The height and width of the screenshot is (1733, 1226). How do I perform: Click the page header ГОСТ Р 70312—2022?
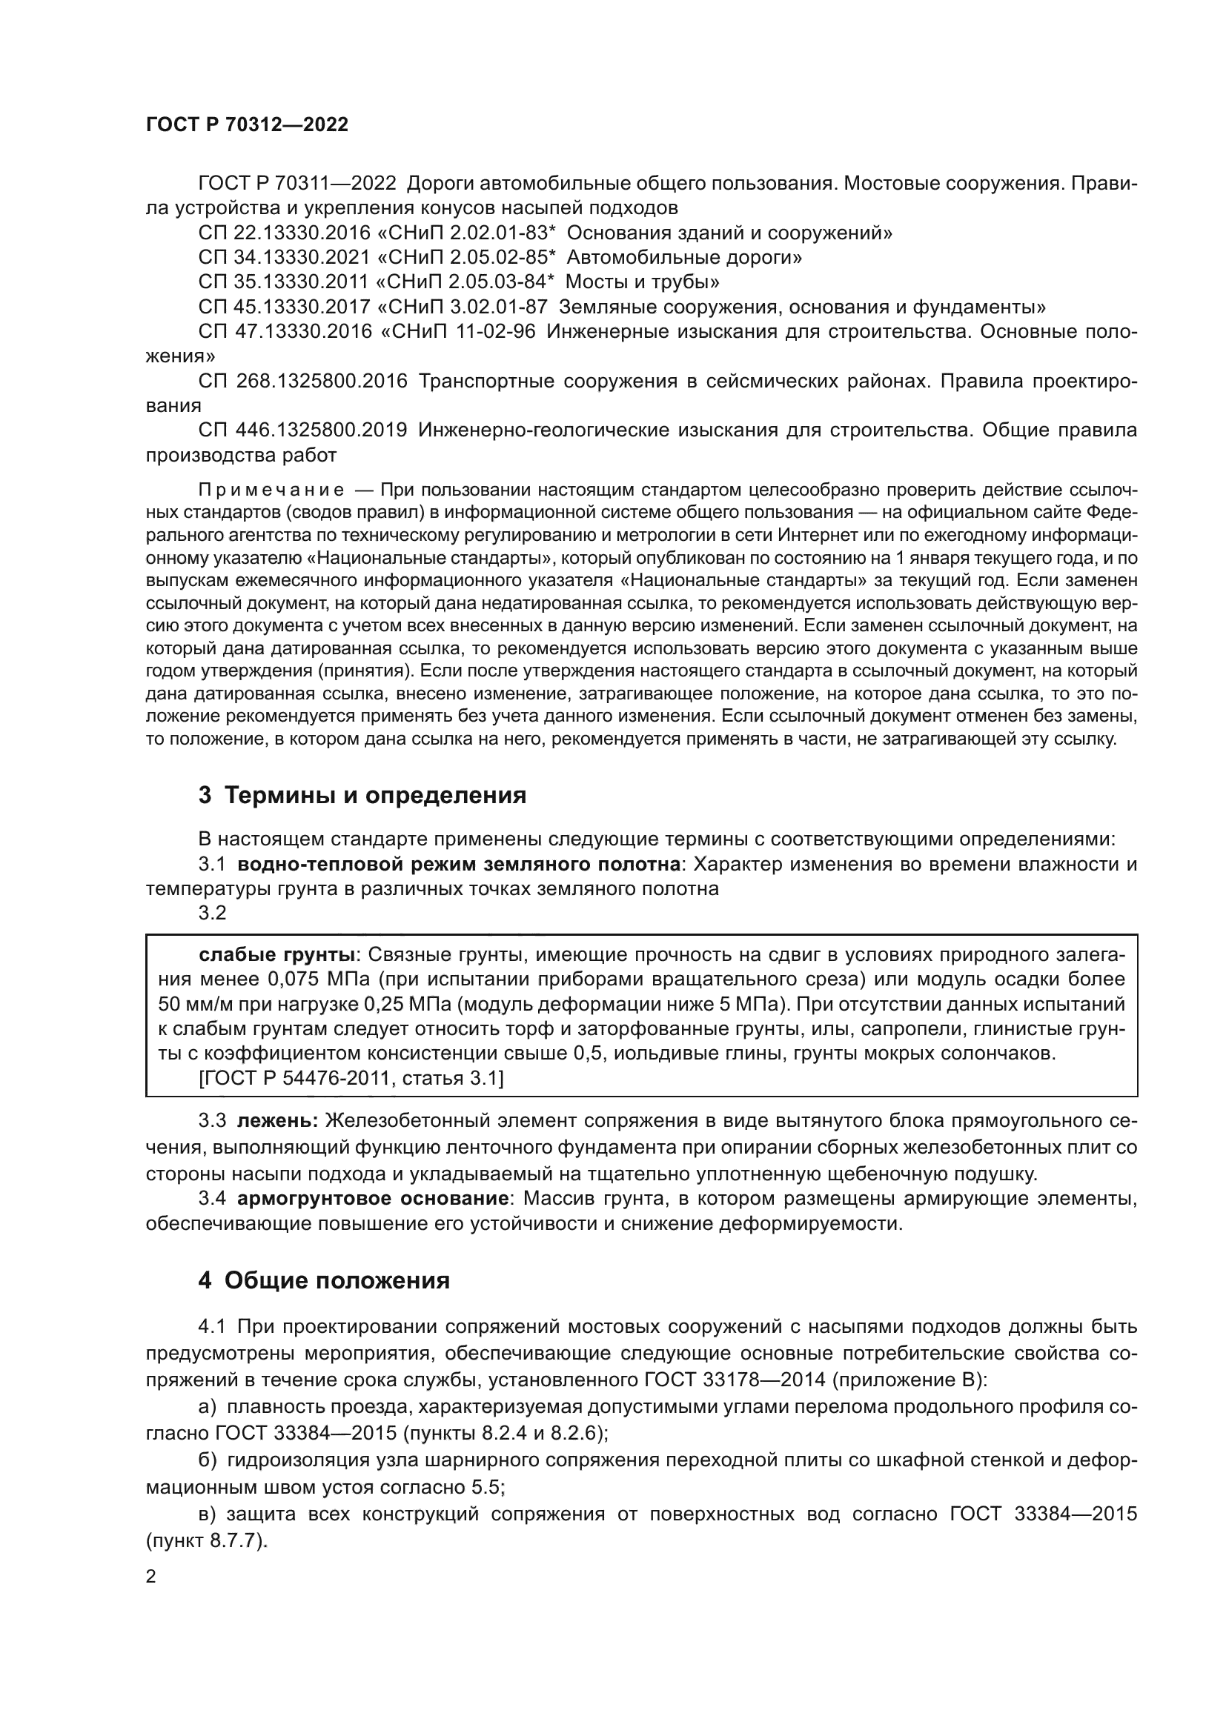pos(247,125)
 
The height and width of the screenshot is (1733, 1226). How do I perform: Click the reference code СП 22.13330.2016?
pos(285,233)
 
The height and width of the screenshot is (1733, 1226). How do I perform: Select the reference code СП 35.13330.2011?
pos(285,282)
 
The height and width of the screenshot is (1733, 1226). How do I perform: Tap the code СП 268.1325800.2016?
pos(302,381)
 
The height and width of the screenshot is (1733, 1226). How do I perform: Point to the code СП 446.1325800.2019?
pos(302,430)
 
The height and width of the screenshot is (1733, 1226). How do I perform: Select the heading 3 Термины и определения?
pos(362,795)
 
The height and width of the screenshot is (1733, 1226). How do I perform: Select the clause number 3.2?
pos(212,913)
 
